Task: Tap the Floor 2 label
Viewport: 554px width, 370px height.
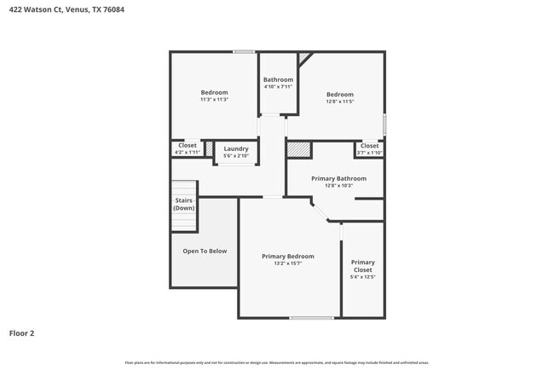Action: [22, 333]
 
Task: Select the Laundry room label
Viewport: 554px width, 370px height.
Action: [236, 149]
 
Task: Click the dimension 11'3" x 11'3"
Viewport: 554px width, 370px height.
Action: [214, 100]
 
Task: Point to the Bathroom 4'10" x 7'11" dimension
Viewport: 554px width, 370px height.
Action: [278, 87]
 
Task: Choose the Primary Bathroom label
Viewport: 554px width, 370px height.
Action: [338, 178]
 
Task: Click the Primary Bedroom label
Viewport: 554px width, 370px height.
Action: [287, 256]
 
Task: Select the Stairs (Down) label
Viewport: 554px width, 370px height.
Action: [183, 205]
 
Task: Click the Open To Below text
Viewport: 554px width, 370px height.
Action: [205, 251]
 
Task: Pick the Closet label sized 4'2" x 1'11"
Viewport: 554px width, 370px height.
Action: [187, 146]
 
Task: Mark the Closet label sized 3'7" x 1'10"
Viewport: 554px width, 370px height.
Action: [369, 146]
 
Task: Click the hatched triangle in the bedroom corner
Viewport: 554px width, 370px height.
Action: [304, 57]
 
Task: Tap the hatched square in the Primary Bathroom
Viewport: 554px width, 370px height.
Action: [297, 149]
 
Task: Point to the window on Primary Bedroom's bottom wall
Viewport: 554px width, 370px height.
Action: [311, 318]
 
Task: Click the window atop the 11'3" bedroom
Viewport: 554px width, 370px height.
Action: [244, 52]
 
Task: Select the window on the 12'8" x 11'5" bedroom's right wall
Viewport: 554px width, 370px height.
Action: [384, 124]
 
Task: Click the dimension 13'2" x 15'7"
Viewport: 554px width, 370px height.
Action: [287, 263]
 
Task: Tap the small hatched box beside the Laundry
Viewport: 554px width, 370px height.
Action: [209, 149]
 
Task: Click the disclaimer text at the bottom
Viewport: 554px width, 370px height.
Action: [277, 362]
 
